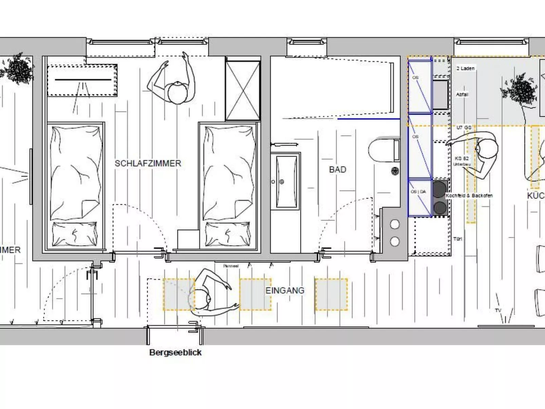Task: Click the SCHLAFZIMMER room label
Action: (x=148, y=163)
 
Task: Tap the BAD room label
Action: (x=337, y=169)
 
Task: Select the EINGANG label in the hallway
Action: (x=285, y=291)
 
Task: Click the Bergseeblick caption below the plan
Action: (x=175, y=352)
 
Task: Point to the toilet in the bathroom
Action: (x=383, y=149)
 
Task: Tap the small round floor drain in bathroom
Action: (x=395, y=171)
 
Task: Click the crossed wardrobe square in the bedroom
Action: (x=243, y=90)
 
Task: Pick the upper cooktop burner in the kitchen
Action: (x=439, y=189)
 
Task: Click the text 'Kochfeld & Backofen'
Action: (x=469, y=196)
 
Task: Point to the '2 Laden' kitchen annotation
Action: (x=465, y=68)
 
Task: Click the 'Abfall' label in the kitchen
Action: (x=462, y=94)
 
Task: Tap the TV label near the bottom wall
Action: (x=498, y=310)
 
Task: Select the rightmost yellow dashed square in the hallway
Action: (x=331, y=294)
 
